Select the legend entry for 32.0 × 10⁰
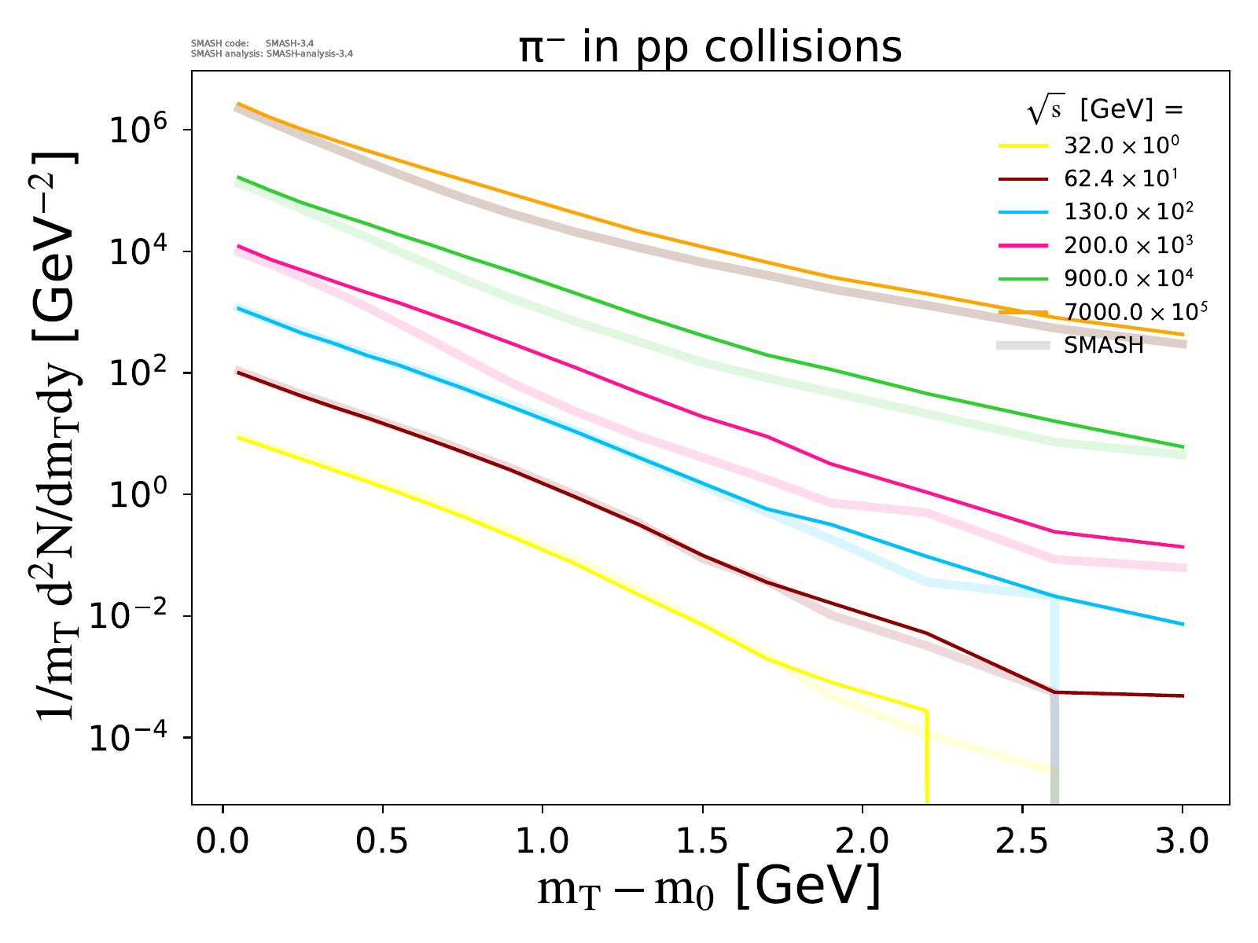tap(1121, 146)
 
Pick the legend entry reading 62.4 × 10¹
tap(1120, 178)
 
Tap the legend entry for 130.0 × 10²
tap(1128, 212)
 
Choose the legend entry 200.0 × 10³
tap(1128, 245)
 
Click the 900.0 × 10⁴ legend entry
tap(1128, 278)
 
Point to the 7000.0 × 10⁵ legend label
tap(1135, 311)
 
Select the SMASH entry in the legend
tap(1103, 345)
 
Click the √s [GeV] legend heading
tap(1105, 108)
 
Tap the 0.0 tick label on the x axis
tap(223, 842)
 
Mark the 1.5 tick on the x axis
tap(702, 842)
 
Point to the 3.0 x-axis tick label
tap(1182, 842)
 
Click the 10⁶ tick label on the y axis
tap(138, 130)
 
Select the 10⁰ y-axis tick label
tap(138, 494)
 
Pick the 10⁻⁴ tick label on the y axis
tap(128, 737)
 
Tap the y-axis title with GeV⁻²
tap(54, 436)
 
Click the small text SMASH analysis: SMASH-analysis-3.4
tap(272, 53)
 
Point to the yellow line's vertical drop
tap(926, 757)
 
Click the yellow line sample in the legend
tap(1023, 146)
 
